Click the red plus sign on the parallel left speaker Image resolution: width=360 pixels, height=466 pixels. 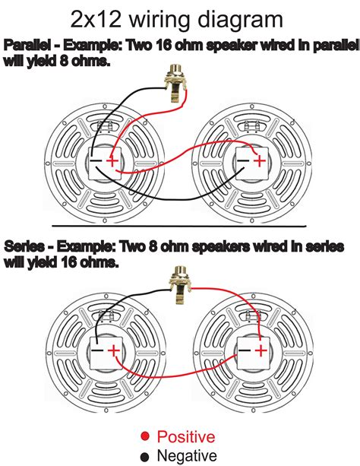(113, 161)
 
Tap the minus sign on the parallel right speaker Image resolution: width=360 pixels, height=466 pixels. (242, 161)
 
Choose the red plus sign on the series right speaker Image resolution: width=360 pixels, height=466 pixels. (261, 351)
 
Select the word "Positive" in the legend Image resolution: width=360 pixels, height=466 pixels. (185, 436)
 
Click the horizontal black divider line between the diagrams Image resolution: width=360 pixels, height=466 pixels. (179, 226)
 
